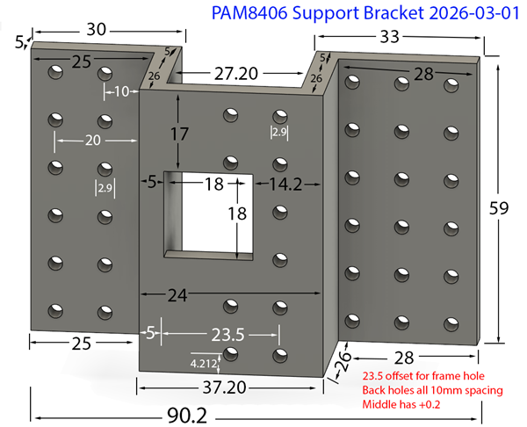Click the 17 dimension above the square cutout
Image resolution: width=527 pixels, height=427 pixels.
coord(179,135)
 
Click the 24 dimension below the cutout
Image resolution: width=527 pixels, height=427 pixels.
coord(179,297)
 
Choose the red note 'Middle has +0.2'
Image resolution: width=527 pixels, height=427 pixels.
coord(408,406)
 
